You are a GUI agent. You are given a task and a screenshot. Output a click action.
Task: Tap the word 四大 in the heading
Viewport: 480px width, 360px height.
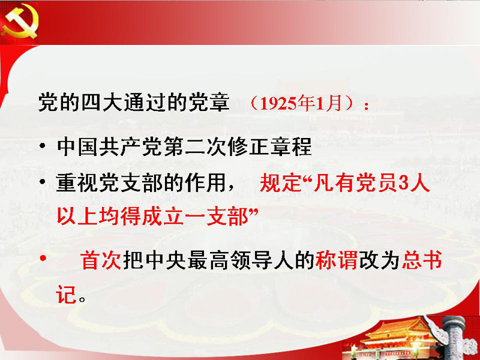[x=102, y=102]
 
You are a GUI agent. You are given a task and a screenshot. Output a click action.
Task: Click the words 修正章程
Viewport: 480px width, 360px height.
[x=269, y=146]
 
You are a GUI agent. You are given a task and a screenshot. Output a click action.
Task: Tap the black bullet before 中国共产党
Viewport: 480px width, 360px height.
[x=43, y=146]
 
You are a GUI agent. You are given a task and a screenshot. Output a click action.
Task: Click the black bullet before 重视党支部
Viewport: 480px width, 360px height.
[x=43, y=182]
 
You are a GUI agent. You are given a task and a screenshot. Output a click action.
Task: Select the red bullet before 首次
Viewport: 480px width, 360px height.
[x=43, y=258]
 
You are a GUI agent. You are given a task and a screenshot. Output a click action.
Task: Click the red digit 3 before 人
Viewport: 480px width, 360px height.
[x=404, y=183]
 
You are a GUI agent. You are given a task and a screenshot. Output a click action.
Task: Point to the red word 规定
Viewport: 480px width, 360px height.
[x=281, y=183]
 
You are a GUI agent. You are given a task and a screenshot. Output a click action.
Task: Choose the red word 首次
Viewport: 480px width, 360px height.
[x=101, y=261]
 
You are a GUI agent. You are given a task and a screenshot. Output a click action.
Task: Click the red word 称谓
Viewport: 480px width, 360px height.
[x=336, y=261]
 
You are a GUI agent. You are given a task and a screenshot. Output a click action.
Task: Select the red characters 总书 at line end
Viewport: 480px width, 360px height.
[x=422, y=261]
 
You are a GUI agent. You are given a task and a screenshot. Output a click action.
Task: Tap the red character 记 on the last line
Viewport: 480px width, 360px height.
[x=66, y=295]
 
